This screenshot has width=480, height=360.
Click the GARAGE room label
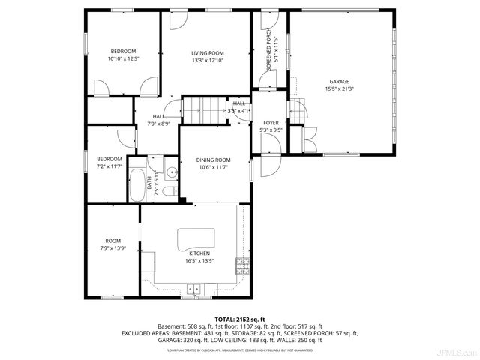tap(339, 81)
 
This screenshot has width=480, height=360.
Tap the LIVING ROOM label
tap(208, 53)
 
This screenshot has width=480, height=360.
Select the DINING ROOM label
tap(213, 160)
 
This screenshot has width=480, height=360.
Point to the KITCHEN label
tap(198, 253)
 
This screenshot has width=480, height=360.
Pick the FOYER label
tap(271, 123)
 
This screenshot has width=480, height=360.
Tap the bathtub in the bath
tap(137, 186)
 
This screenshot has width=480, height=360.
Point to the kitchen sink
tap(195, 287)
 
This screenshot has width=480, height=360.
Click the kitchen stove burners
tap(241, 263)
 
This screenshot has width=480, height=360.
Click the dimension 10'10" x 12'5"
tap(122, 59)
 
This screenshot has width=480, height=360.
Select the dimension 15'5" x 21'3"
tap(339, 88)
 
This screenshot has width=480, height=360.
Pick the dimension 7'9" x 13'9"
tap(112, 247)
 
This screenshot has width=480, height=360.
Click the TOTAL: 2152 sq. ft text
tap(240, 319)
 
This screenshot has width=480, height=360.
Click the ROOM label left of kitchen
tap(112, 241)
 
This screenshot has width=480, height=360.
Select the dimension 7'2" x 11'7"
tap(109, 166)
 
